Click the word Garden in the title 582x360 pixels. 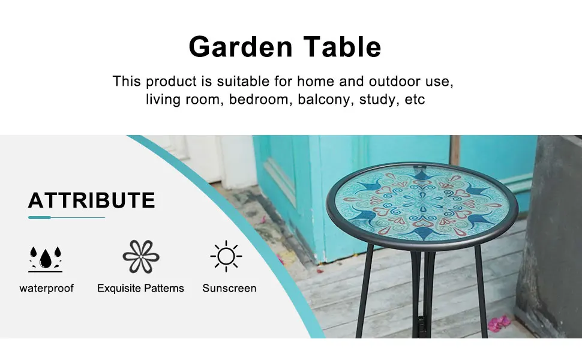coord(241,47)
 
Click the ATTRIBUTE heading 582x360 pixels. coord(91,200)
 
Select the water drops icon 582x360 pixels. coord(45,259)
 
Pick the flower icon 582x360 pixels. coord(141,256)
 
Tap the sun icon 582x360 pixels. coord(226,256)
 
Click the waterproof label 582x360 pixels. coord(47,289)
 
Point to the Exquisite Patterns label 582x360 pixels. coord(140,289)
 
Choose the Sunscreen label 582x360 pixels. coord(229,289)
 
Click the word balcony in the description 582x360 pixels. coord(326,100)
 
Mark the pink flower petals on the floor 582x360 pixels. coord(499,323)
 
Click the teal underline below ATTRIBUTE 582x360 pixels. coord(67,217)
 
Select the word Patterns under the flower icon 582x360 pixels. coord(164,289)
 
